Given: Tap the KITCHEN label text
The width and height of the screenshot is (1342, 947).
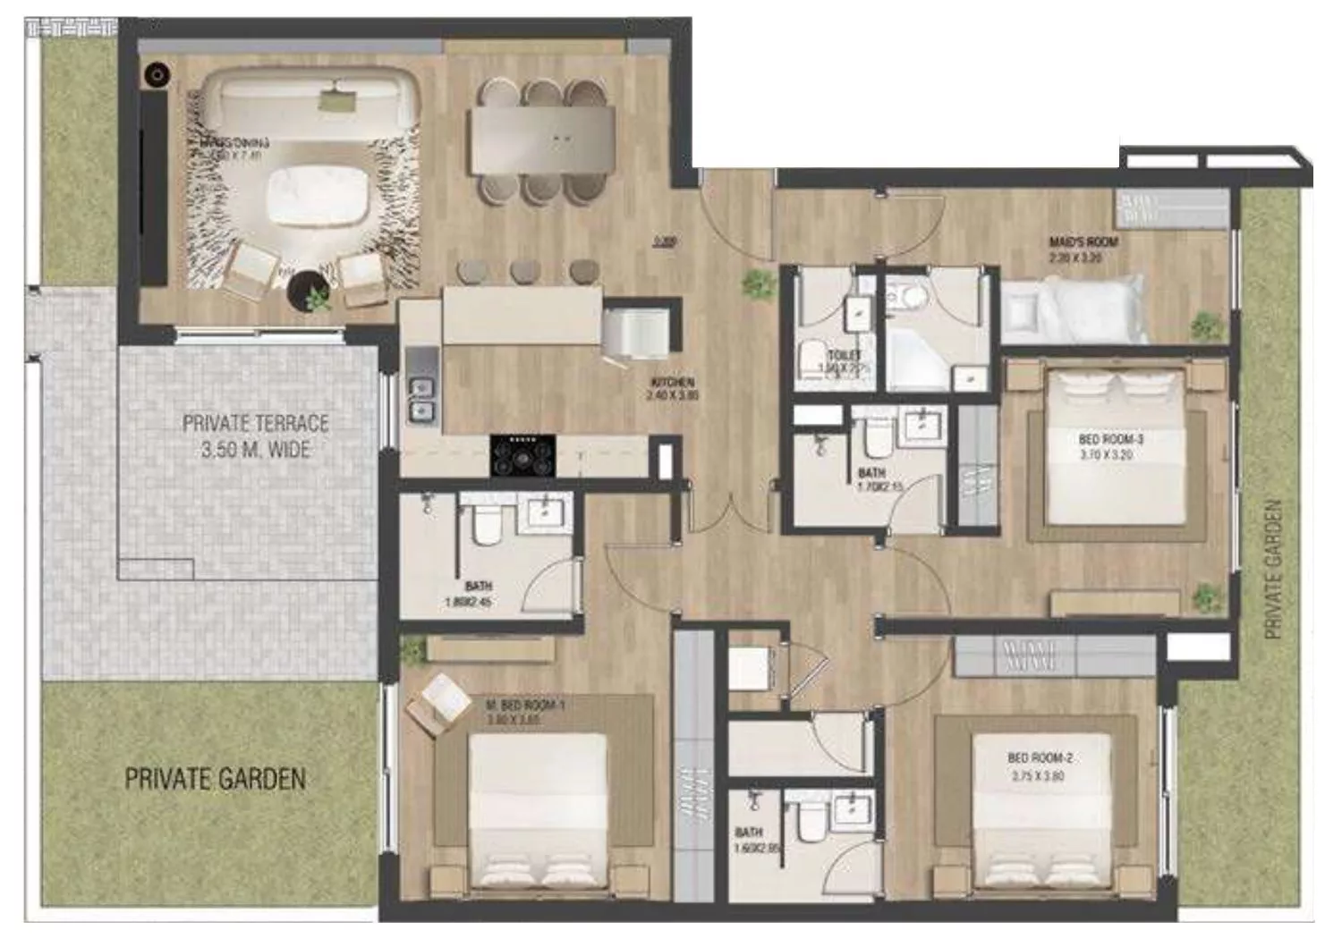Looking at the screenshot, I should pyautogui.click(x=673, y=384).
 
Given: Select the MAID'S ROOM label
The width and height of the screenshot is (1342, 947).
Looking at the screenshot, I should pyautogui.click(x=1083, y=242).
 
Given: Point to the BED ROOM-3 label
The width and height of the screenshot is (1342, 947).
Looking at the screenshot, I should pyautogui.click(x=1110, y=440).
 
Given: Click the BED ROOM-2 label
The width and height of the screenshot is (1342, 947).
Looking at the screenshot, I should pyautogui.click(x=1040, y=758).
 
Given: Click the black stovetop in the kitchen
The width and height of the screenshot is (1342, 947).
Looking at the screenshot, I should pyautogui.click(x=522, y=455).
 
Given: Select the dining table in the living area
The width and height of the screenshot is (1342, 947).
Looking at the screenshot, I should pyautogui.click(x=543, y=140).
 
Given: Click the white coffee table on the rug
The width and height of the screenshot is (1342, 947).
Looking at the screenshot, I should pyautogui.click(x=319, y=197).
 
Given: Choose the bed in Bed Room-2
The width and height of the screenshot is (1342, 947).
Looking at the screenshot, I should pyautogui.click(x=1041, y=809).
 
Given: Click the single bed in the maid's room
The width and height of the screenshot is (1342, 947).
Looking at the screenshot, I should pyautogui.click(x=1074, y=308).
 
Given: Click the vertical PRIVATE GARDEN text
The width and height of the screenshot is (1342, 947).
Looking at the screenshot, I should pyautogui.click(x=1273, y=569).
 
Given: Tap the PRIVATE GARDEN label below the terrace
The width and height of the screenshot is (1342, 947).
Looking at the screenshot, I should pyautogui.click(x=215, y=779).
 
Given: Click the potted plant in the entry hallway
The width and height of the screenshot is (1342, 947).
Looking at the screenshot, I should pyautogui.click(x=759, y=283).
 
